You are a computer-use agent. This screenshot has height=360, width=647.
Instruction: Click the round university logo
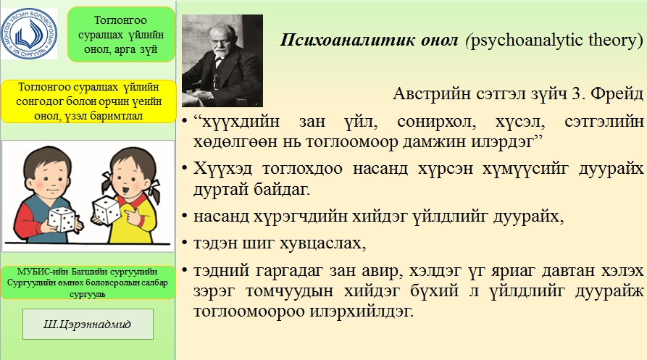29,33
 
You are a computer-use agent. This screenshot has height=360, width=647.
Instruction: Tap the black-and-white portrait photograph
222,61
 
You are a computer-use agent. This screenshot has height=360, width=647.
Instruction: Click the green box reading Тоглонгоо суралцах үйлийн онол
121,35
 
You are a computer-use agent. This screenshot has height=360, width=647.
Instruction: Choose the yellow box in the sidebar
88,101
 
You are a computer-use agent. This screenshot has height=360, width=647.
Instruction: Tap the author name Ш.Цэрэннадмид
88,324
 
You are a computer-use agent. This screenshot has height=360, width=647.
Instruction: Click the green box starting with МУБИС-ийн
88,283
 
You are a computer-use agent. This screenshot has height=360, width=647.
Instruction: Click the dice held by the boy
61,219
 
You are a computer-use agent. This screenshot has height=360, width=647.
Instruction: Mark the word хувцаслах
323,243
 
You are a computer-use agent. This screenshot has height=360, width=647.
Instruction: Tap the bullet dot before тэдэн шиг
185,243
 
